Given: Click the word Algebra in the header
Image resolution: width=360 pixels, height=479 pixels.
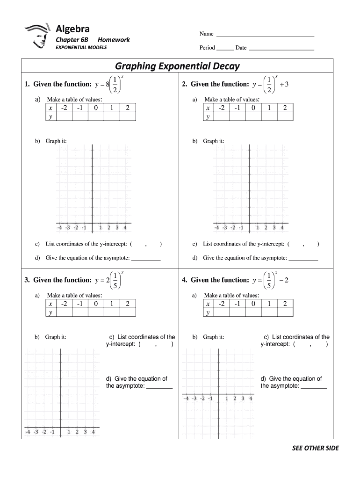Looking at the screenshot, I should (x=72, y=29).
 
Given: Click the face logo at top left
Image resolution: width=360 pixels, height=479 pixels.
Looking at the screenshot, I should (x=37, y=35).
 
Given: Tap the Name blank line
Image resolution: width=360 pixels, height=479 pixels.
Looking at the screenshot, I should (x=265, y=35).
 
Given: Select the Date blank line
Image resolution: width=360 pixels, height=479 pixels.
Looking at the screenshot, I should (x=281, y=49).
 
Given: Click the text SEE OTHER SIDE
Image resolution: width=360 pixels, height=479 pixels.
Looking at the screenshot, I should (x=315, y=448).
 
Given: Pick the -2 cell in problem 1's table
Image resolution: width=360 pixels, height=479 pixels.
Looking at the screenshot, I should (x=64, y=108).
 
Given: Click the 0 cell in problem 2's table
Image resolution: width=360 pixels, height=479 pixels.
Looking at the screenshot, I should (x=253, y=108).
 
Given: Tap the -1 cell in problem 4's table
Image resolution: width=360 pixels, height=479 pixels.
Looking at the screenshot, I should (x=237, y=304).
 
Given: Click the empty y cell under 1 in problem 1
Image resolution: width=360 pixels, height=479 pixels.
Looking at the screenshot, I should (x=111, y=116).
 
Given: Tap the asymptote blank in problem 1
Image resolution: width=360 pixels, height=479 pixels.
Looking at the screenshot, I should (x=146, y=259).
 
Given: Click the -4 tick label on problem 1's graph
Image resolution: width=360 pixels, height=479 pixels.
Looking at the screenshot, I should (x=60, y=228).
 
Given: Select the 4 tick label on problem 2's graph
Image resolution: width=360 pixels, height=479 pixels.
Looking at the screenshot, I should (x=281, y=228).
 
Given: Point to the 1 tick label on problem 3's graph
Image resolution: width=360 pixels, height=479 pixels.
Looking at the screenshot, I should (x=69, y=432).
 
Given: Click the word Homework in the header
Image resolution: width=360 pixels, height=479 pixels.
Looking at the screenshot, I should (x=114, y=40).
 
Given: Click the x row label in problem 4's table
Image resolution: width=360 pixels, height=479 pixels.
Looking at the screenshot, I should (x=207, y=304).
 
